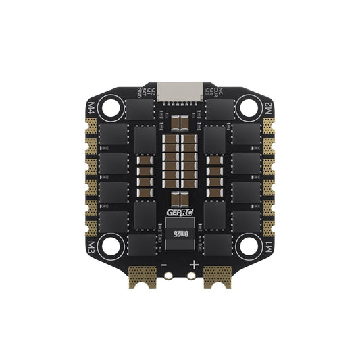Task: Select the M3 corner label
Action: click(x=93, y=243)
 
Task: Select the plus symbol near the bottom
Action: click(x=195, y=265)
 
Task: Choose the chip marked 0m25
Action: click(x=180, y=234)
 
